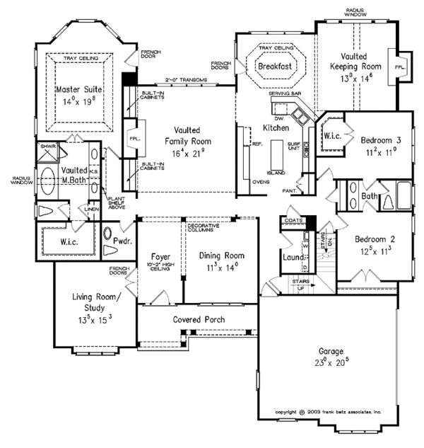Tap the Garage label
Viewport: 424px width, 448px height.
point(330,351)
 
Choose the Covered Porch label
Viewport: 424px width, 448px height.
point(199,320)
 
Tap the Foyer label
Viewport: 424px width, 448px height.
point(158,255)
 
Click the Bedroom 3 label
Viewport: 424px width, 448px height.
point(381,139)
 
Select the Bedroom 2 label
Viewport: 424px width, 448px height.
point(375,239)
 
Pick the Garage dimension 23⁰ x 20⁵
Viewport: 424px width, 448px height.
point(331,362)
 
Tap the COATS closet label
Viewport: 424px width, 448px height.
point(294,220)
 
